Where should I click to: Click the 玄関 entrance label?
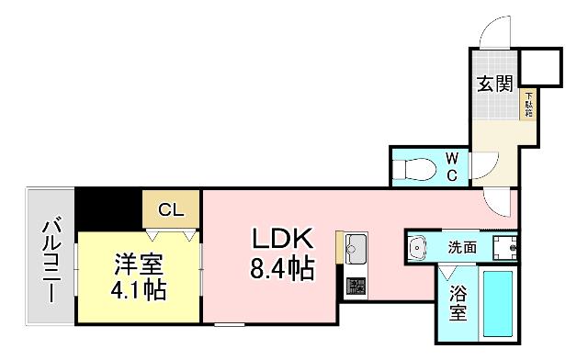coord(494,84)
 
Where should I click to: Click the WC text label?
coord(454,165)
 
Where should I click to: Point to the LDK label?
coord(284,240)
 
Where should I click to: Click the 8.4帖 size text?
coord(284,269)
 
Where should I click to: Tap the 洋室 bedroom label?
coord(139,264)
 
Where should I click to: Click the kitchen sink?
coord(356,249)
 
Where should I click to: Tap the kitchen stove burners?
coord(355,286)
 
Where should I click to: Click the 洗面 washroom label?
coord(462,247)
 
